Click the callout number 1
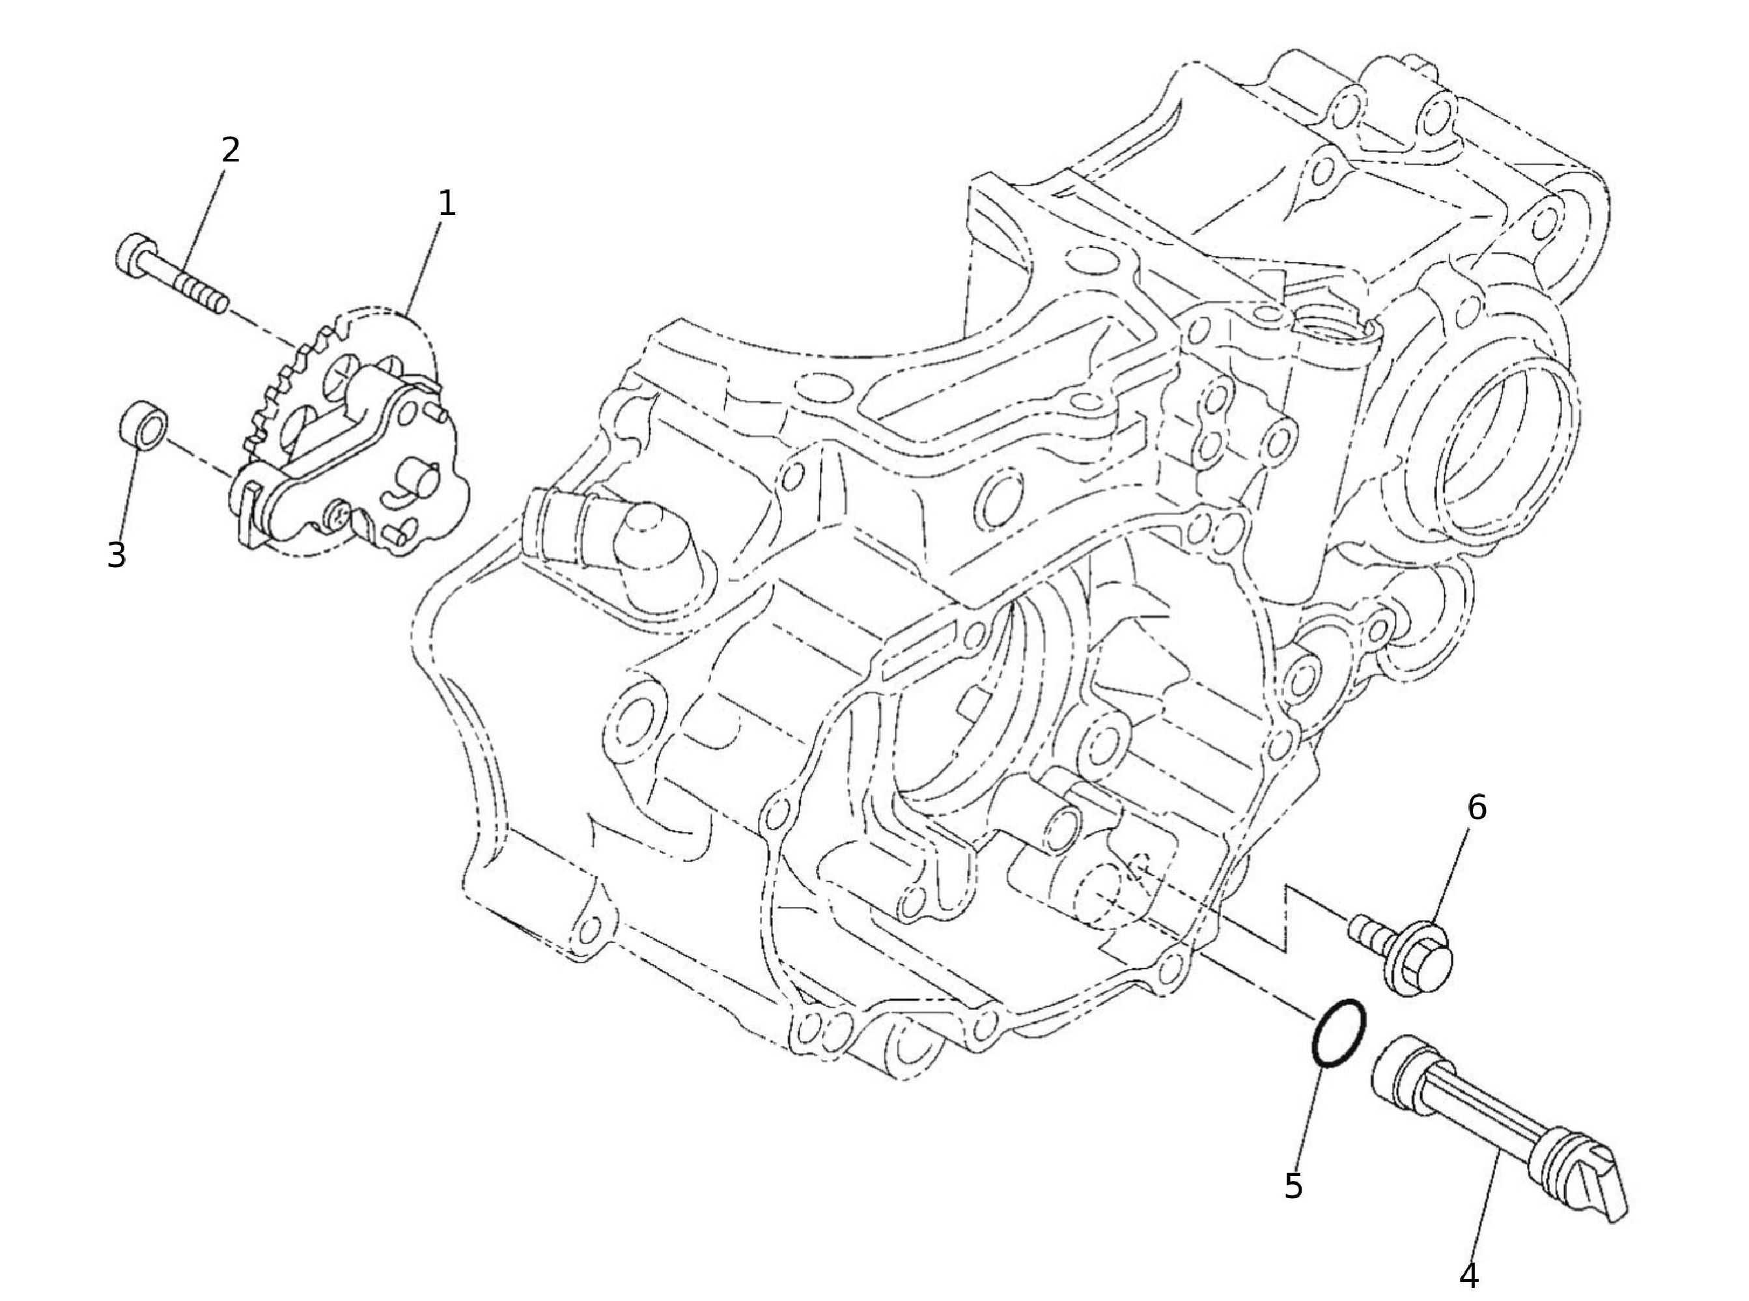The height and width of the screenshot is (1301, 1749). coord(447,204)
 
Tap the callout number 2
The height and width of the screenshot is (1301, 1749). coord(230,150)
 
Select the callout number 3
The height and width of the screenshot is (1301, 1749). coord(117,555)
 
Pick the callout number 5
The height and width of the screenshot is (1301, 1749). coord(1293,1186)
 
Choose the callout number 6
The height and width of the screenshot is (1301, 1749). coord(1477,808)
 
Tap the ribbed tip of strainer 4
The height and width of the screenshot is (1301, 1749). coord(1583,1181)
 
